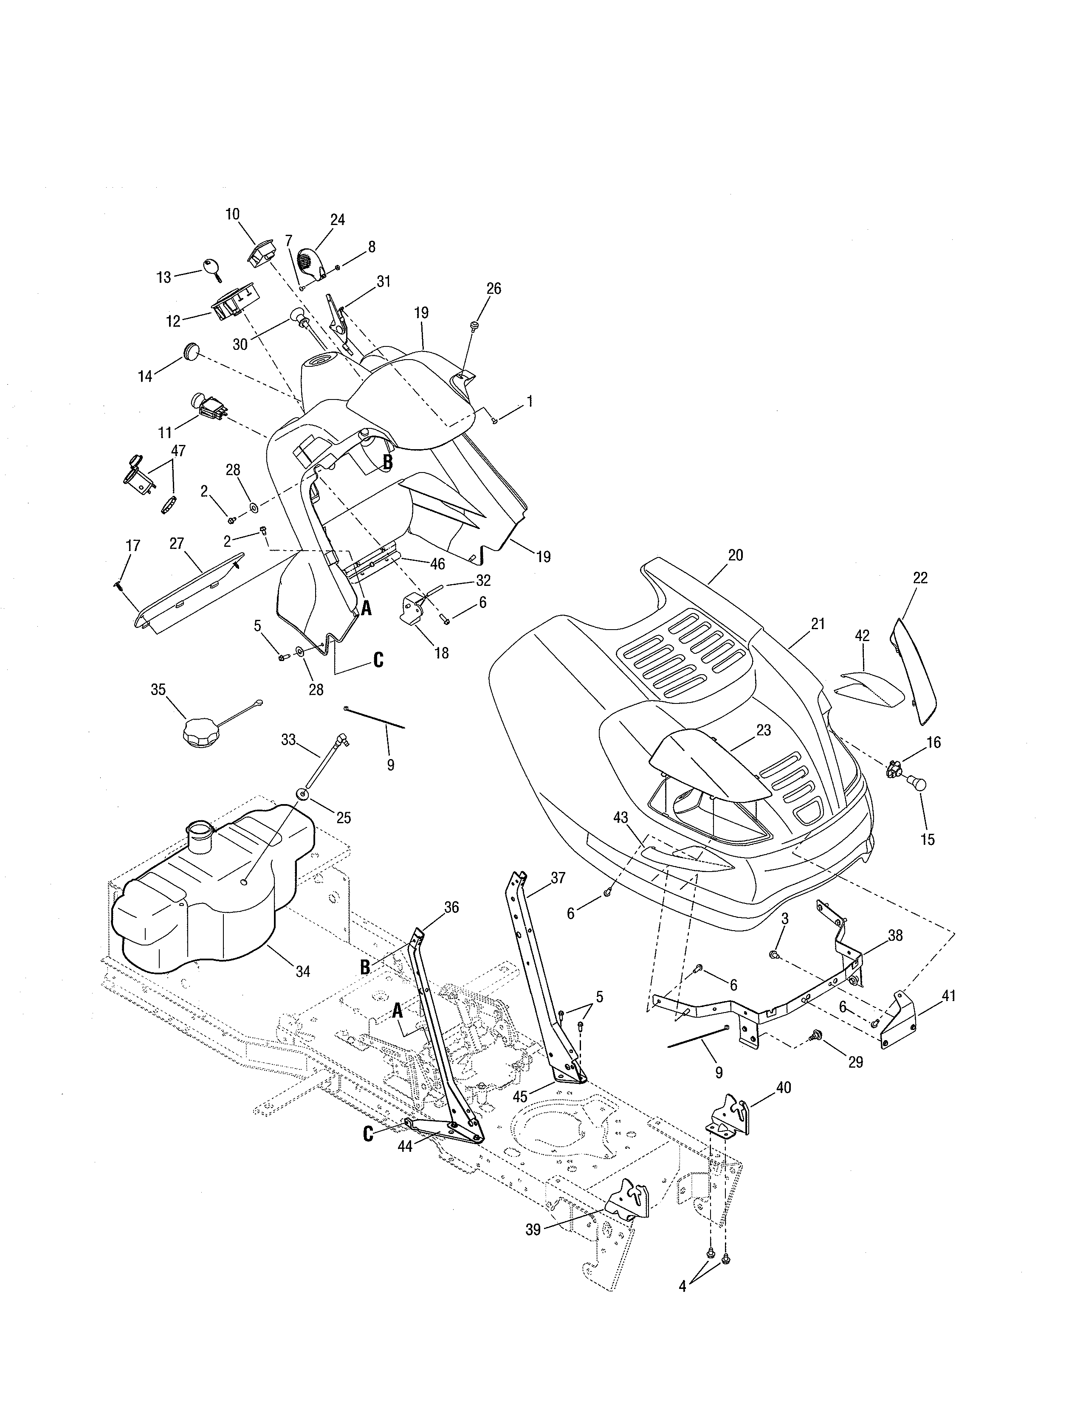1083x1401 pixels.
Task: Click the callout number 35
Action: (x=158, y=689)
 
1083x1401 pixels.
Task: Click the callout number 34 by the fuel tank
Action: (x=302, y=972)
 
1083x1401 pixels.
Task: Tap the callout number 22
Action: (x=919, y=577)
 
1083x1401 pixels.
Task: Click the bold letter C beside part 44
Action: (x=368, y=1134)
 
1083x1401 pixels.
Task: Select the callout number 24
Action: (x=338, y=219)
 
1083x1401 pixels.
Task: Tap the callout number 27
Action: (x=176, y=543)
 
